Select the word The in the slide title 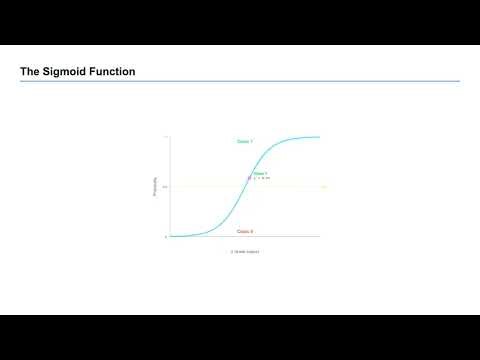pos(31,72)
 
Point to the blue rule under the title pos(240,81)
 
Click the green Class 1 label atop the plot pos(245,142)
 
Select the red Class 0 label pos(245,231)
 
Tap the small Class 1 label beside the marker pos(261,173)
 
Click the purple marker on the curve pos(249,177)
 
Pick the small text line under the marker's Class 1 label pos(262,178)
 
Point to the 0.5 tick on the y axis pos(165,187)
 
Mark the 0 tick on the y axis pos(166,237)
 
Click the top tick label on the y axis pos(166,137)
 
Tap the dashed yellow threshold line pos(300,187)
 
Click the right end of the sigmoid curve pos(318,137)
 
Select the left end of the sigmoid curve pos(172,236)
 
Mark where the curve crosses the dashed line pos(245,187)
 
